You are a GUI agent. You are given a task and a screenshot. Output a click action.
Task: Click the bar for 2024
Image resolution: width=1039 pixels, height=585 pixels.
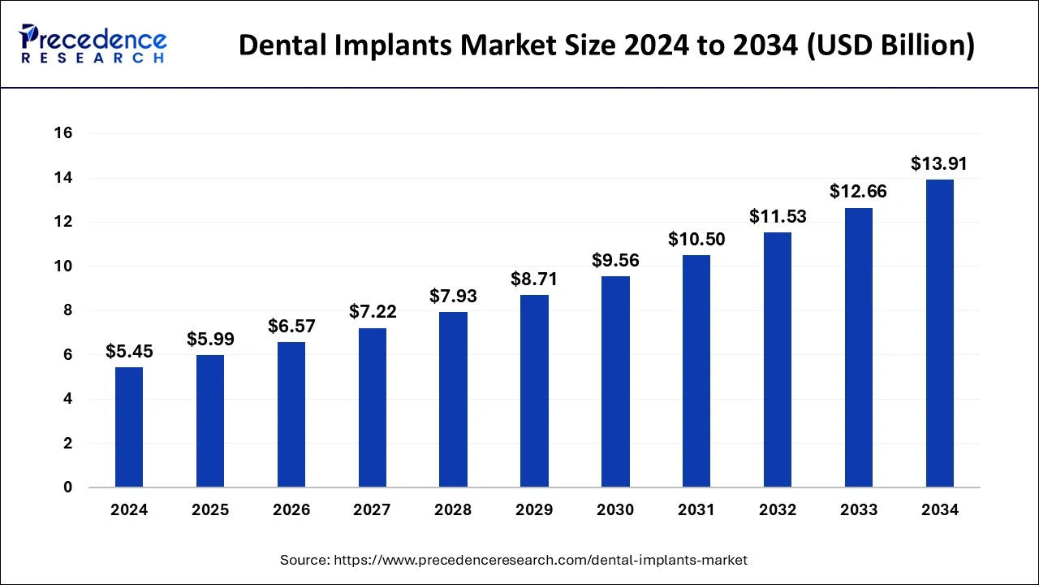point(129,427)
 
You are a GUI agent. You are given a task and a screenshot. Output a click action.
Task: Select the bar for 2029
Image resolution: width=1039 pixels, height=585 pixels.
point(534,391)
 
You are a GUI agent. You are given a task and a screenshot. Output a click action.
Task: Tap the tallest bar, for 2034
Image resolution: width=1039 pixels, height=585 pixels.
point(940,333)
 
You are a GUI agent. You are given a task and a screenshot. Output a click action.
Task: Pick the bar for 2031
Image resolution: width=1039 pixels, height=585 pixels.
point(696,371)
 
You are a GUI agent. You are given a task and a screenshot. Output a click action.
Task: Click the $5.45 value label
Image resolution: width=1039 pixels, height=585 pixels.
point(129,352)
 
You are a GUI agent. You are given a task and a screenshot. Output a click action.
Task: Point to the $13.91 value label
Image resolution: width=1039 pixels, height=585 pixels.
point(939,164)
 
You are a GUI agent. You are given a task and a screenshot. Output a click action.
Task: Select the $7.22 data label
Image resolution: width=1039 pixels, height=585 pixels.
point(373,312)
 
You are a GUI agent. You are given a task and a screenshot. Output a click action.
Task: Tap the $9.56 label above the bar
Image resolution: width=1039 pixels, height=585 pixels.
point(615,260)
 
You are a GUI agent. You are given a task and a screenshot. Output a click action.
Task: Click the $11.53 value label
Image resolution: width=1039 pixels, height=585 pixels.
point(778,217)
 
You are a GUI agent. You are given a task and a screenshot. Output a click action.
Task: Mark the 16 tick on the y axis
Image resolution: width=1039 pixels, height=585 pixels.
point(63,133)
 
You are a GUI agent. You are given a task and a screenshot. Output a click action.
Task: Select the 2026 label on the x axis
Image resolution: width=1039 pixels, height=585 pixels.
point(291,510)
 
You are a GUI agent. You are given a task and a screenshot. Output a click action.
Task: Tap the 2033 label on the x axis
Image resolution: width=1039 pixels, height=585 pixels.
point(859,510)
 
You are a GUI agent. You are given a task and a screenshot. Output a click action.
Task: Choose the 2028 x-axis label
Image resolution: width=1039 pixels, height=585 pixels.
point(454,510)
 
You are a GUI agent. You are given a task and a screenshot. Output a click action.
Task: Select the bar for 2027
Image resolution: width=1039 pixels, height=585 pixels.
point(373,408)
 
